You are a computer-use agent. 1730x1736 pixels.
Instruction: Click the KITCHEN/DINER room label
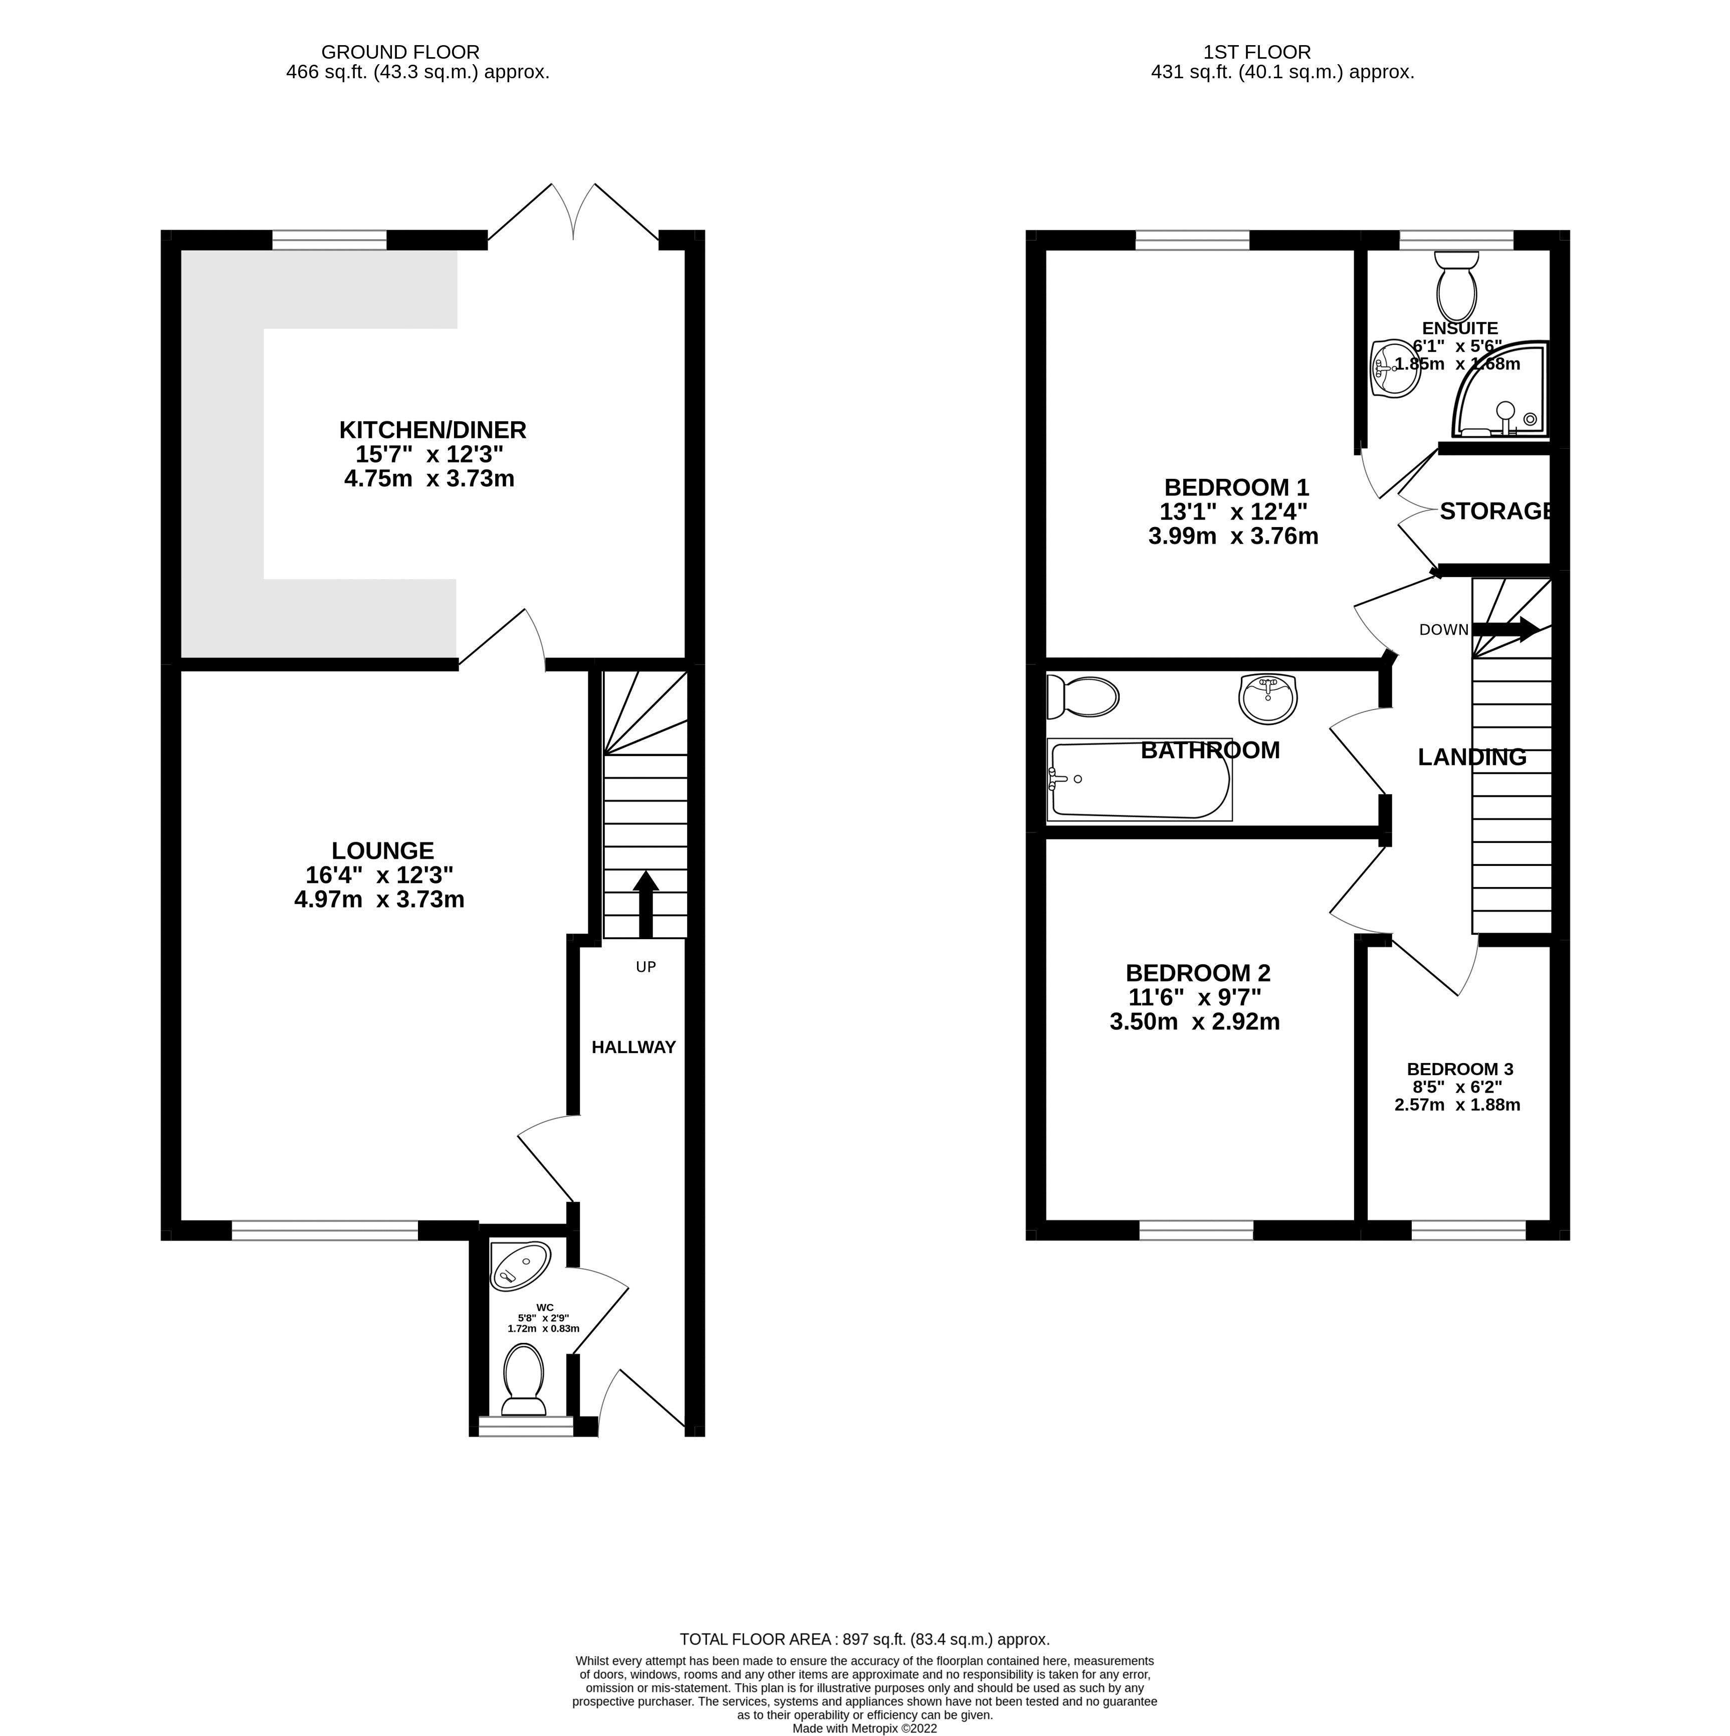432,430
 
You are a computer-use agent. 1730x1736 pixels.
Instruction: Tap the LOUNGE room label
383,850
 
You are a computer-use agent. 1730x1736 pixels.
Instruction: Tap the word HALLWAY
633,1047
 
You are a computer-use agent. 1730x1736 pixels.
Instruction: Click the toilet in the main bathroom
1083,698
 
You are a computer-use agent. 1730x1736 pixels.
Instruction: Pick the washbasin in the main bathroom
1267,698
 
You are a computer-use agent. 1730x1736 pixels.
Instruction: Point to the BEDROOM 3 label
1460,1069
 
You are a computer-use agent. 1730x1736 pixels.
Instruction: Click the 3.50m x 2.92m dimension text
1195,1021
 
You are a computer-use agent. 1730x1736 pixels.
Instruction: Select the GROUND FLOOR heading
400,52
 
